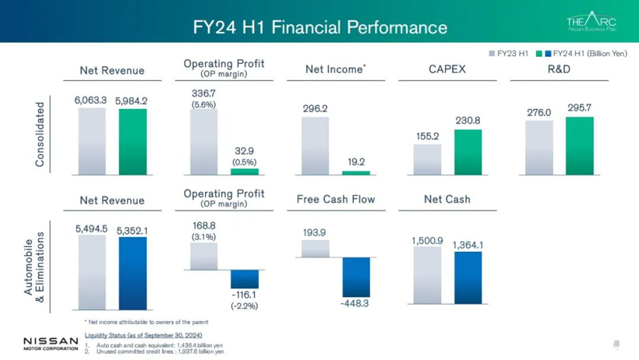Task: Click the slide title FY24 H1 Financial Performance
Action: [319, 28]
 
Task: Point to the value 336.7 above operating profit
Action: [203, 94]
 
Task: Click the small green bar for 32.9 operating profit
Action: [245, 171]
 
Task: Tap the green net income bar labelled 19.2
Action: [356, 172]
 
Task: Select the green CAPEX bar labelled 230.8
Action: [468, 152]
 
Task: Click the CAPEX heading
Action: [447, 69]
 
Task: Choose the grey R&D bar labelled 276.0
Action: [539, 147]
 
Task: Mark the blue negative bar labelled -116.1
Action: [245, 279]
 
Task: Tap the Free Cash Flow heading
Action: [335, 199]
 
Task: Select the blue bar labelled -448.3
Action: [356, 277]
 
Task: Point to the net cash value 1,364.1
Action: [468, 245]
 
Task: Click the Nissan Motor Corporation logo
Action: [51, 344]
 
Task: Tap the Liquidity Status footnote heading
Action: [143, 335]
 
